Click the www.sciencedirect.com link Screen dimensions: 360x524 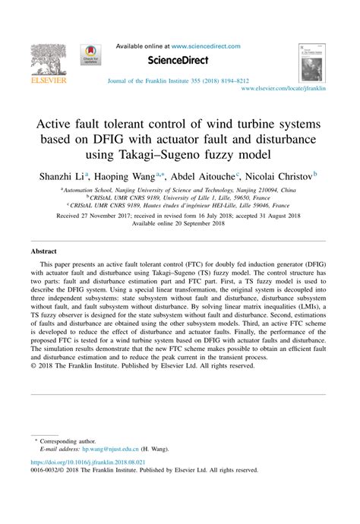pyautogui.click(x=204, y=46)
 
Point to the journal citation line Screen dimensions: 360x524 pyautogui.click(x=178, y=80)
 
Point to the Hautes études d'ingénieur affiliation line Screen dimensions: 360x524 pyautogui.click(x=180, y=205)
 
